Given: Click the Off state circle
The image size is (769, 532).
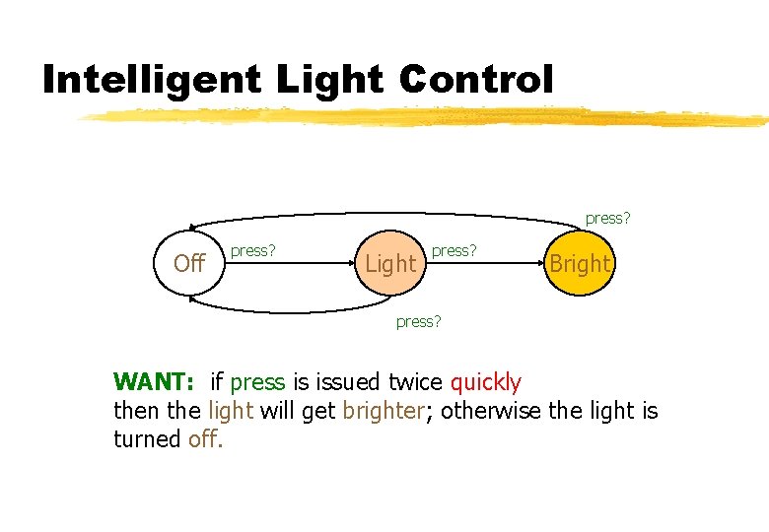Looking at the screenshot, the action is (188, 263).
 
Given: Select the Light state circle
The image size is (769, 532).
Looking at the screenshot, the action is (390, 263).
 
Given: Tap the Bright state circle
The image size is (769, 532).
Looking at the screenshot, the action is (580, 263).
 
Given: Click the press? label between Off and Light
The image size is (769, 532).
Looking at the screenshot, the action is (252, 251).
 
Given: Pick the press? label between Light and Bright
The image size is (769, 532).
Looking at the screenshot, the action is (454, 251).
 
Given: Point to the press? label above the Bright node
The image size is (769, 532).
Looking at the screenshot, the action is (607, 218).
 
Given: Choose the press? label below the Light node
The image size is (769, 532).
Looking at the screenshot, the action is (418, 320).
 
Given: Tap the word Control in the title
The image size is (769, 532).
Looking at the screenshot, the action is (476, 79).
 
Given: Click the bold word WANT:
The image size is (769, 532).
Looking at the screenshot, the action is (156, 381).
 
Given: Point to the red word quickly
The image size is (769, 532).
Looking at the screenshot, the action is (485, 381).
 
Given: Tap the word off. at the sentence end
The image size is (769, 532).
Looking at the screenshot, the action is (206, 438).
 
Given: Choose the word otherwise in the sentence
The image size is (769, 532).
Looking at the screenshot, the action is (490, 410).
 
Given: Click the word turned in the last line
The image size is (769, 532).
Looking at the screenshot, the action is (147, 438).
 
